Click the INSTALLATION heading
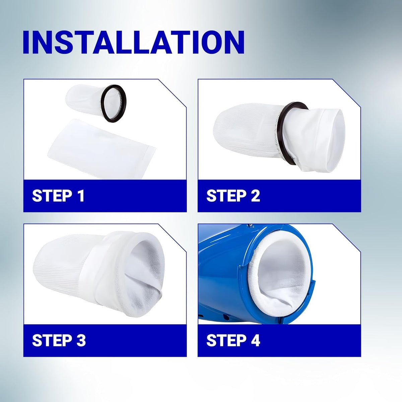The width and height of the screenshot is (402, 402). [x=134, y=42]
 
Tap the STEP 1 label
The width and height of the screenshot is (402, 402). [x=58, y=195]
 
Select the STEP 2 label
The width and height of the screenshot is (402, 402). [x=233, y=195]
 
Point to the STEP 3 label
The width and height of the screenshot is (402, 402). [x=59, y=340]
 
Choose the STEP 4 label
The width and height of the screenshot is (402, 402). [x=233, y=340]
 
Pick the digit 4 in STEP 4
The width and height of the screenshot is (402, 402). [x=255, y=340]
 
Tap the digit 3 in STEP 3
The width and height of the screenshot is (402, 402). [x=81, y=340]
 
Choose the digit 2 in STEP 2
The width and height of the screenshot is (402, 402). [x=255, y=195]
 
